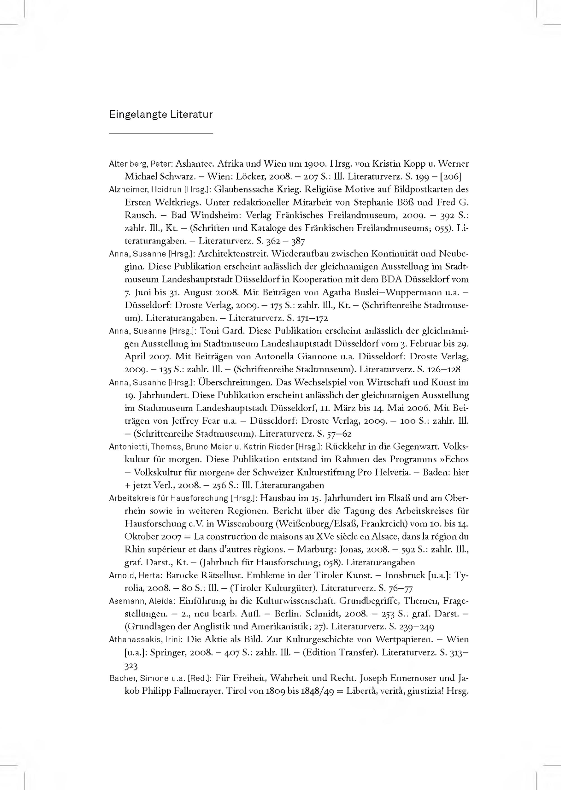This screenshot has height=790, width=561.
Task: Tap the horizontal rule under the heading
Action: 161,133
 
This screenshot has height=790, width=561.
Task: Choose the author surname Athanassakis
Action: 135,640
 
